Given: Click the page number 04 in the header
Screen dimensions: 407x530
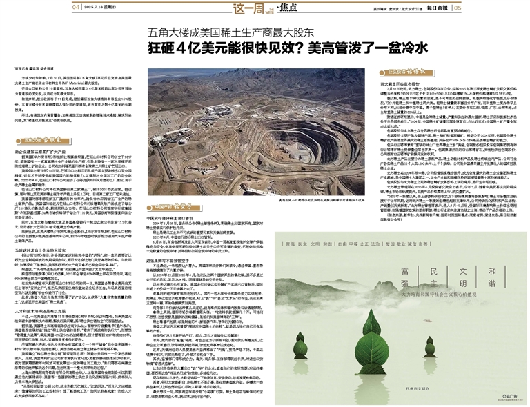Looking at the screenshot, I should [x=75, y=7].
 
